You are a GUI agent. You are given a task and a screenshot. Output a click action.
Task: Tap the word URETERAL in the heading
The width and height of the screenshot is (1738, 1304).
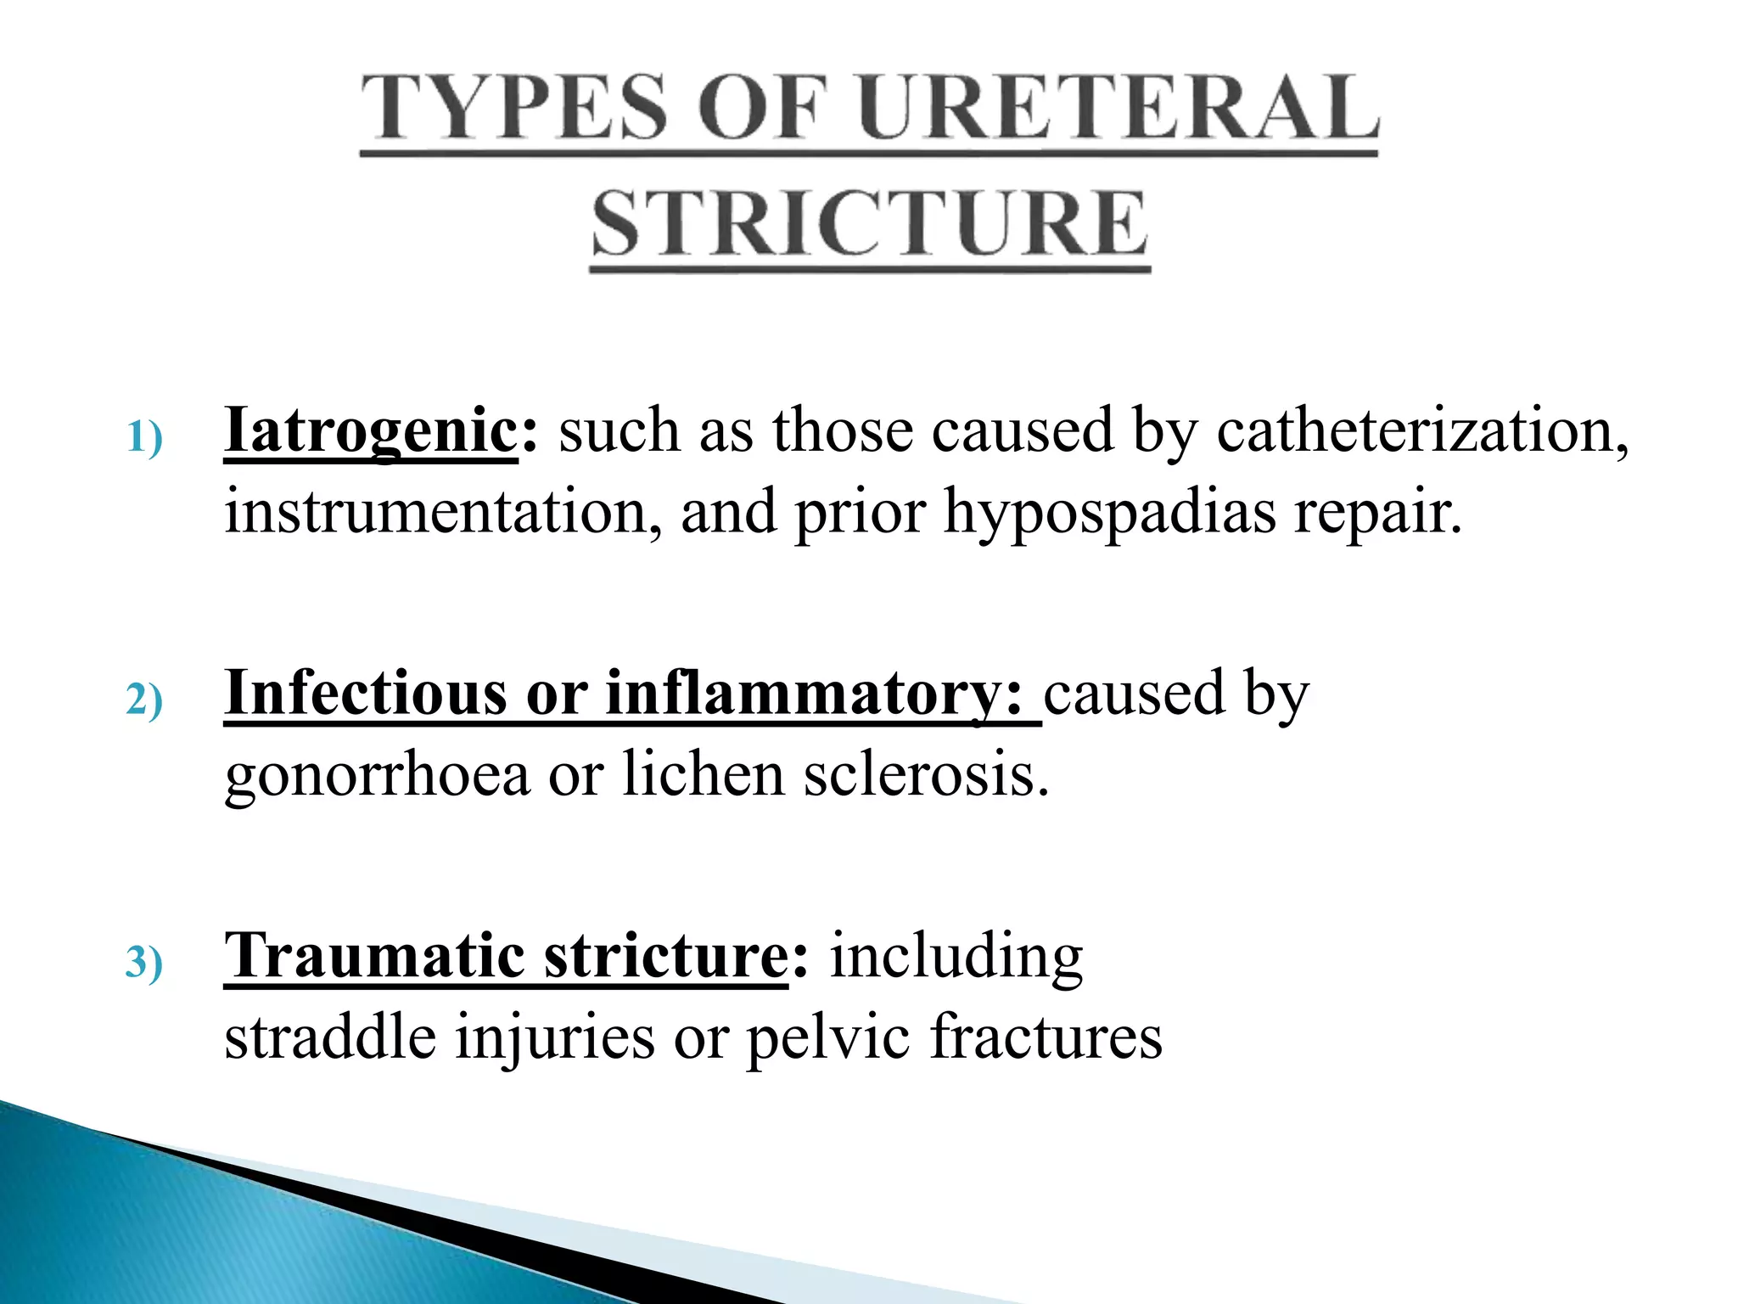1118,108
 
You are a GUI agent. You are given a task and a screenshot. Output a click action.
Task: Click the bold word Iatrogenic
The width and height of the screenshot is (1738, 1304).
371,430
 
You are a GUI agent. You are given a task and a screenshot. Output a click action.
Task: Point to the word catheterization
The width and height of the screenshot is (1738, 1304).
1421,430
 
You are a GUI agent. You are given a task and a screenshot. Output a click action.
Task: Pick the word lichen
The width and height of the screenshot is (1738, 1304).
704,774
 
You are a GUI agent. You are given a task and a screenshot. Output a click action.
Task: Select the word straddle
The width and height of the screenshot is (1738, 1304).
330,1037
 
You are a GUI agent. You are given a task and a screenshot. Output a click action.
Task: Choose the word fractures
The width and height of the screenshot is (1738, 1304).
1046,1037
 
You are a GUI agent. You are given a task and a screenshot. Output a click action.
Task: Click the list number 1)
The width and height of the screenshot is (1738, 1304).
143,439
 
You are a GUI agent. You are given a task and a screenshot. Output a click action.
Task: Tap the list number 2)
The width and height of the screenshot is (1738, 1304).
143,701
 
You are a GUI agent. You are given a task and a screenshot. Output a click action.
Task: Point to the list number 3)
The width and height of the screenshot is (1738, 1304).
143,964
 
